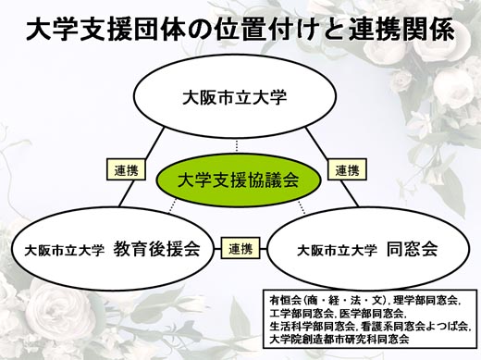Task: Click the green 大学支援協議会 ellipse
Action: pos(239,180)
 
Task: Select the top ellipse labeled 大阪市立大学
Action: pos(234,96)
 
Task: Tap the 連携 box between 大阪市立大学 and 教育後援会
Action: pos(126,169)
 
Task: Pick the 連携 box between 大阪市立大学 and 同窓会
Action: pos(347,169)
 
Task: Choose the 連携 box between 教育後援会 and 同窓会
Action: pos(240,248)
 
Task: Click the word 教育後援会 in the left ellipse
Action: pos(156,249)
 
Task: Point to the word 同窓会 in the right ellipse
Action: pos(413,249)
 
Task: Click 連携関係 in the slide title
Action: pos(401,30)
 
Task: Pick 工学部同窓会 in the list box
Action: pos(302,314)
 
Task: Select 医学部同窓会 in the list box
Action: pos(371,314)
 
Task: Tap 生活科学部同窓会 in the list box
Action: pos(312,327)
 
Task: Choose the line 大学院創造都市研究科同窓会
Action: pos(339,340)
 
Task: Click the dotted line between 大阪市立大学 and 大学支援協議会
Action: pos(237,145)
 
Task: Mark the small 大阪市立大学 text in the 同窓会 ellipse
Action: pos(337,250)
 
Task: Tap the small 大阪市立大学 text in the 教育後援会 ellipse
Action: pos(65,250)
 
